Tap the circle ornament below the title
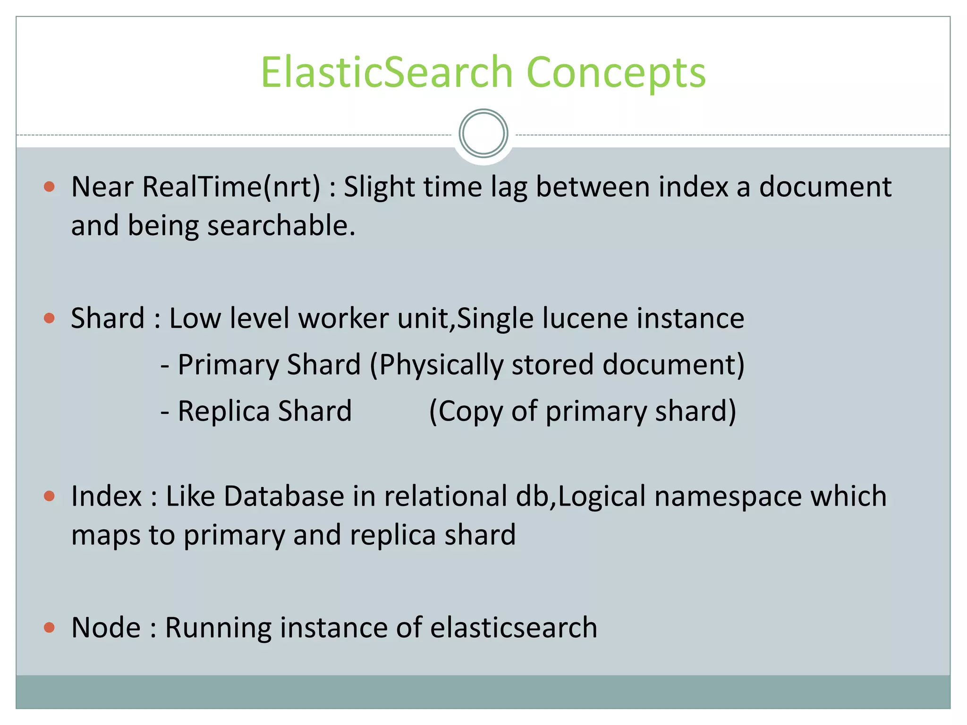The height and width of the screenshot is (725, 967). coord(483,134)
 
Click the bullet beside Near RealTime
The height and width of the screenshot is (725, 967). coord(49,187)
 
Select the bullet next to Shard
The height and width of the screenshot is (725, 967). coord(49,318)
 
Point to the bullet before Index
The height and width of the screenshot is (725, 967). coord(49,497)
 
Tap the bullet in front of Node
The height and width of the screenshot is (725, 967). coord(49,628)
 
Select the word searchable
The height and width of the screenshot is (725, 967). coord(281,226)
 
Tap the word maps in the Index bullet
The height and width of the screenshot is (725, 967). coord(105,535)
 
